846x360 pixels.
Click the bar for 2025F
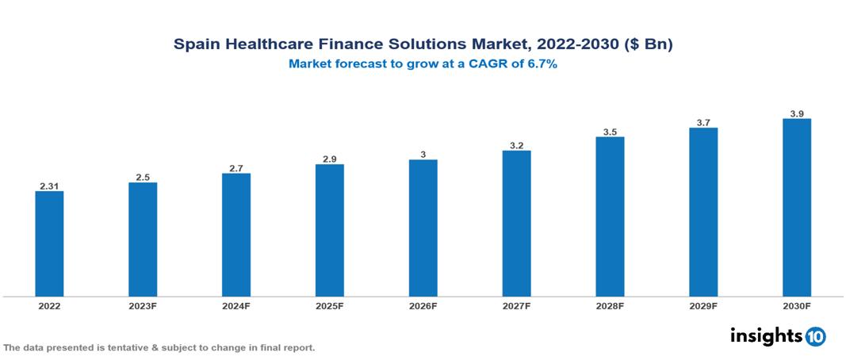coord(329,231)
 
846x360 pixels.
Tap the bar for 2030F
coord(796,208)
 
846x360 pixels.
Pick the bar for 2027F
coord(516,224)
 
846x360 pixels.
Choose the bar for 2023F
coord(143,239)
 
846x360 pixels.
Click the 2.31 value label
coord(49,186)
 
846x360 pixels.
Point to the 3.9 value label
coord(797,114)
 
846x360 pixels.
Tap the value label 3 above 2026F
coord(423,155)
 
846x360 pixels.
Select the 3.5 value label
coord(610,132)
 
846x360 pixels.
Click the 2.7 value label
coord(236,168)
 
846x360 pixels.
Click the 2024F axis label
coord(236,305)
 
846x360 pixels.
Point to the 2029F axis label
coord(703,305)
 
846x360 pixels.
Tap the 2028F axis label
coord(610,305)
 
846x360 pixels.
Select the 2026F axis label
coord(423,305)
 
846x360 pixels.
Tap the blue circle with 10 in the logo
coord(815,336)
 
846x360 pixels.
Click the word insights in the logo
coord(765,335)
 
